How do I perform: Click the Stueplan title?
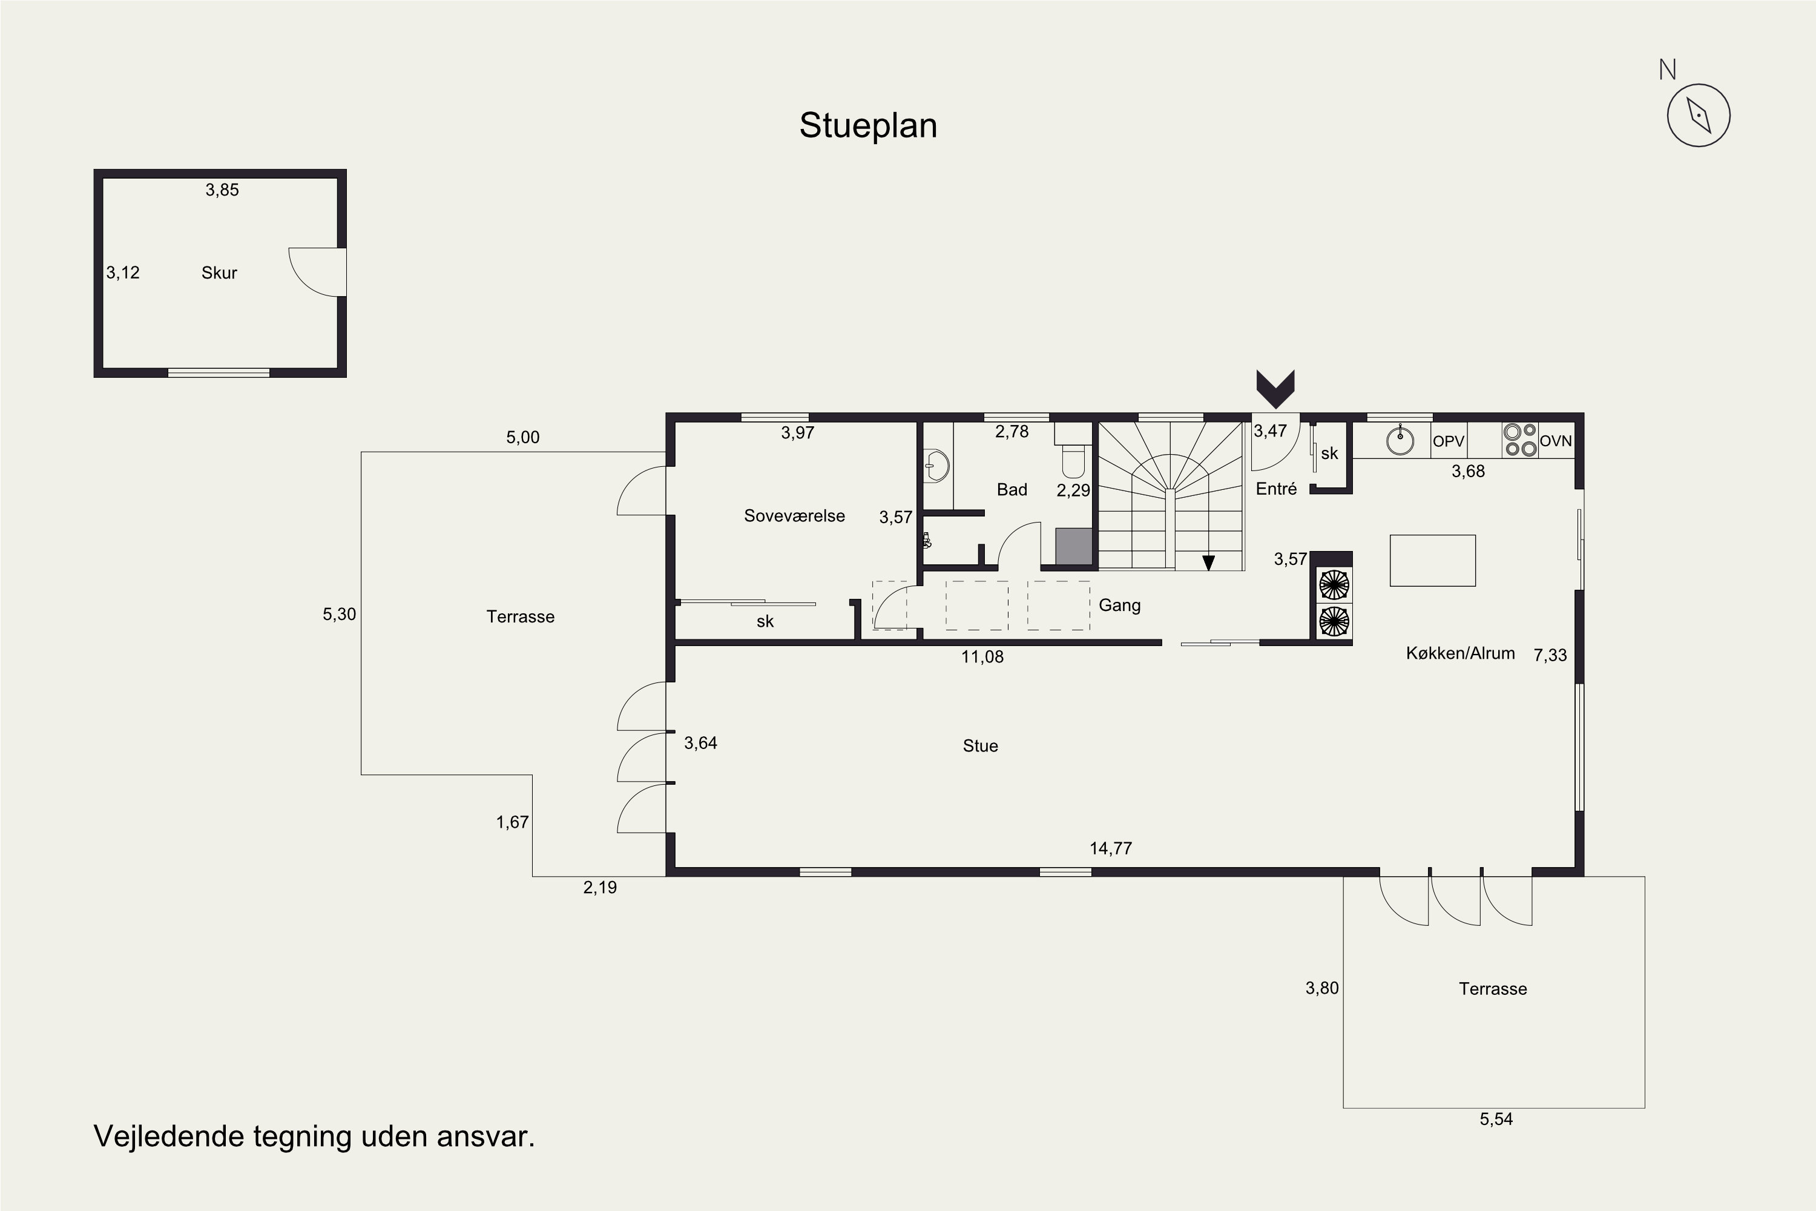click(x=868, y=126)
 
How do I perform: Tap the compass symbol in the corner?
click(x=1698, y=116)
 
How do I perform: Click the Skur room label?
click(x=219, y=272)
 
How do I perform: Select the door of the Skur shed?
click(x=317, y=272)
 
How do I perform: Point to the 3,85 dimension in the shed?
click(x=222, y=190)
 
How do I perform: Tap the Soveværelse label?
click(x=794, y=516)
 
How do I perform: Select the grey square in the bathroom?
click(x=1073, y=546)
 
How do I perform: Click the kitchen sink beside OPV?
click(x=1400, y=441)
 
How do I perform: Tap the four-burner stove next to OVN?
click(x=1520, y=440)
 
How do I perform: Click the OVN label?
click(x=1556, y=441)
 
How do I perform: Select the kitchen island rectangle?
click(x=1432, y=561)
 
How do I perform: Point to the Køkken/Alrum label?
click(x=1460, y=653)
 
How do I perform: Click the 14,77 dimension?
click(x=1110, y=849)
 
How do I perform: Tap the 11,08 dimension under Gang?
click(x=982, y=657)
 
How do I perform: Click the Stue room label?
click(x=981, y=746)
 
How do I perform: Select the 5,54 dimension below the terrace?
click(x=1496, y=1119)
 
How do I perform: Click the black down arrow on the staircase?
click(x=1208, y=563)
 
